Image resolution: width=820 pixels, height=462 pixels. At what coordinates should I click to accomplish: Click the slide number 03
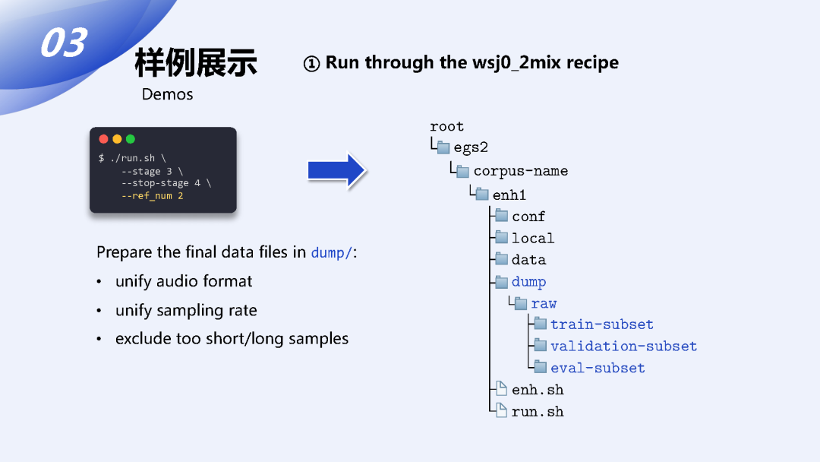pos(63,43)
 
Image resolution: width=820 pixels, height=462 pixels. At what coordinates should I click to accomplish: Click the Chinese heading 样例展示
pos(196,62)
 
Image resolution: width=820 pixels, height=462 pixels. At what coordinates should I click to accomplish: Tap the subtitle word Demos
pos(167,94)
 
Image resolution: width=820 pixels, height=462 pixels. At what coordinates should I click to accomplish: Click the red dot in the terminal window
pos(104,139)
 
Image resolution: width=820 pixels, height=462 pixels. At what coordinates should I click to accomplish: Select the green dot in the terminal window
pos(130,139)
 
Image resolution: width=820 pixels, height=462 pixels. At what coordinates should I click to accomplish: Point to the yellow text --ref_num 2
pos(152,196)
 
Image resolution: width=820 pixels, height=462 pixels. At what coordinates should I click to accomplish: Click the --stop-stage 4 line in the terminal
pos(166,183)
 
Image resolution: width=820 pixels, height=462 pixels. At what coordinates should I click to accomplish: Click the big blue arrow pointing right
pos(337,170)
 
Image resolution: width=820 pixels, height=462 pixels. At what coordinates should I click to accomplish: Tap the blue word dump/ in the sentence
pos(332,252)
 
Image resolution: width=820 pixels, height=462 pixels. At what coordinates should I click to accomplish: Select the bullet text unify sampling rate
pos(186,310)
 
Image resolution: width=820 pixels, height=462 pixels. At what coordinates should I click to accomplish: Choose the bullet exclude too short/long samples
pos(232,339)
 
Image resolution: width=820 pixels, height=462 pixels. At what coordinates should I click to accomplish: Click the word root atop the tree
pos(446,126)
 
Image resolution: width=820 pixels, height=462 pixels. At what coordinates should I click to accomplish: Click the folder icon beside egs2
pos(443,147)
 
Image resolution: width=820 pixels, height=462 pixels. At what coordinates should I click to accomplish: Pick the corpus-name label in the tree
pos(520,170)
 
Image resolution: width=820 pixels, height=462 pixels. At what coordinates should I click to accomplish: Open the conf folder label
pos(528,217)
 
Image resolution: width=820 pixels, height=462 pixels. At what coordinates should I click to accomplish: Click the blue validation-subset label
pos(623,346)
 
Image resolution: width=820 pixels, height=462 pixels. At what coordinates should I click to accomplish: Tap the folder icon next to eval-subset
pos(540,367)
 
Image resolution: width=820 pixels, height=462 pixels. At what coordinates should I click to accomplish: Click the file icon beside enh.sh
pos(501,389)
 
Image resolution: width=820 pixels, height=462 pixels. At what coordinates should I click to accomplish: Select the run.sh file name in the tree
pos(538,411)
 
